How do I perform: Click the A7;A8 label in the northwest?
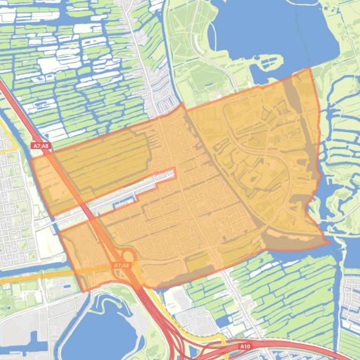click(41, 146)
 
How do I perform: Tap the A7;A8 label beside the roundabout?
click(121, 266)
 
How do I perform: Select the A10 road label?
click(245, 346)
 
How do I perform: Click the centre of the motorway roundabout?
click(128, 256)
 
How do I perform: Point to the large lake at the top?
click(276, 33)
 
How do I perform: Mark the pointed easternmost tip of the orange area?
click(330, 242)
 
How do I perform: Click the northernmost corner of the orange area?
click(310, 68)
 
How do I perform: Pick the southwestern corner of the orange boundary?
click(83, 292)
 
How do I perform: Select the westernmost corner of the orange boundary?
click(30, 159)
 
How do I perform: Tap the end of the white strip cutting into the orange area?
click(174, 173)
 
